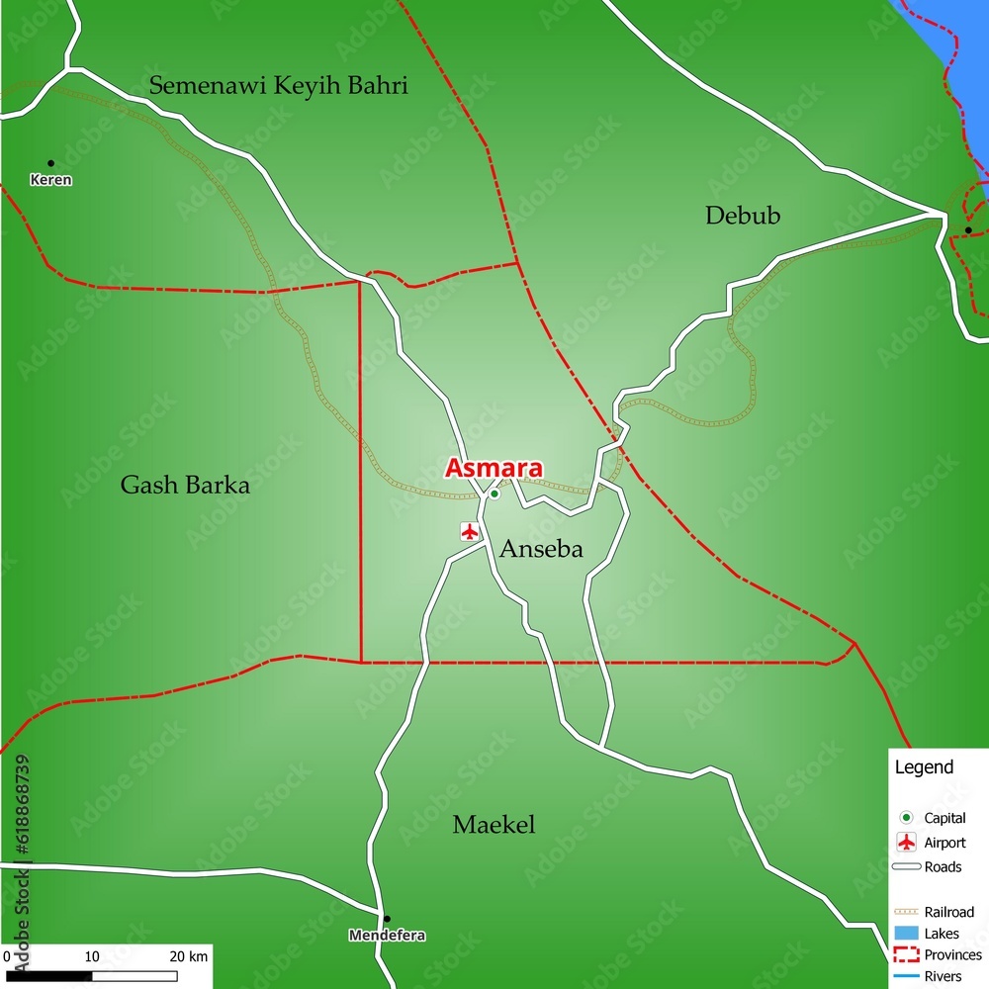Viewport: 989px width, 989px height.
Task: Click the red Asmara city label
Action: coord(493,468)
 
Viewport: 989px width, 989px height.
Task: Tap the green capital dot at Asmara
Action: coord(494,494)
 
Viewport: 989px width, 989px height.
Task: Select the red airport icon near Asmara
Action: coord(470,531)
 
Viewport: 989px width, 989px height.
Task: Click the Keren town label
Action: coord(50,180)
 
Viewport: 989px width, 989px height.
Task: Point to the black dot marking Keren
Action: coord(50,163)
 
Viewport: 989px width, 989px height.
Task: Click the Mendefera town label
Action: coord(387,935)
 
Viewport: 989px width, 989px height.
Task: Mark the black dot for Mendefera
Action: coord(387,919)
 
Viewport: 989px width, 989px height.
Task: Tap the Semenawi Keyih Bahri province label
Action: coord(278,85)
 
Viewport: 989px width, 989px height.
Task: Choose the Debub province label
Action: coord(743,216)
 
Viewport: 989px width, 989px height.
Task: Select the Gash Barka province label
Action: coord(185,485)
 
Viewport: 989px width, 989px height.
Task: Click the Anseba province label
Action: coord(541,550)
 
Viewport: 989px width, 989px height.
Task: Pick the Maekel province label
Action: coord(494,825)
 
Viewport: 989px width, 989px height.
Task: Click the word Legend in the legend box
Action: coord(924,767)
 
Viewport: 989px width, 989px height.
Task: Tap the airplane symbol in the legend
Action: coord(905,843)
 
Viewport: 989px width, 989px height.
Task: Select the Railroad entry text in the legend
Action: coord(948,912)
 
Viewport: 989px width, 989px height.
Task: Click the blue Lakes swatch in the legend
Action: coord(905,933)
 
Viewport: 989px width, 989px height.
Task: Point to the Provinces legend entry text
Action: coord(952,955)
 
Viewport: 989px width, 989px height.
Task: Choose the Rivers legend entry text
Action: coord(943,976)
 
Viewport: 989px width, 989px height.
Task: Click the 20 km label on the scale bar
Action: coord(188,956)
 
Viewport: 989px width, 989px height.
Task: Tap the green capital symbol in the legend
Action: coord(905,818)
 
